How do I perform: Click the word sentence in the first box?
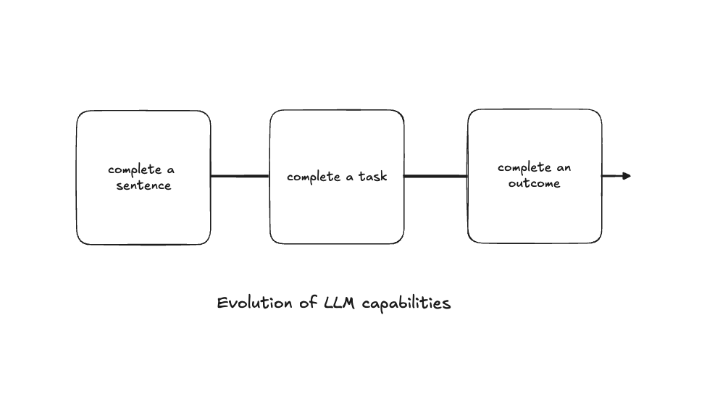pyautogui.click(x=143, y=185)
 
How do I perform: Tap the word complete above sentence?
pyautogui.click(x=135, y=170)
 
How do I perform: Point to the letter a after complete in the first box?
pyautogui.click(x=171, y=170)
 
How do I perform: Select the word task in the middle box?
pyautogui.click(x=372, y=177)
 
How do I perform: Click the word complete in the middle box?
pyautogui.click(x=314, y=177)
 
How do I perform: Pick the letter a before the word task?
pyautogui.click(x=350, y=177)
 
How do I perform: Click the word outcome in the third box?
pyautogui.click(x=534, y=183)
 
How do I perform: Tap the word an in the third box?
pyautogui.click(x=563, y=168)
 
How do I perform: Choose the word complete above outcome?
pyautogui.click(x=524, y=168)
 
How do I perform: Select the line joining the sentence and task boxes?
pyautogui.click(x=240, y=176)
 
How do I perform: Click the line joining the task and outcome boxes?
pyautogui.click(x=435, y=176)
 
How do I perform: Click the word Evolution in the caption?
pyautogui.click(x=256, y=303)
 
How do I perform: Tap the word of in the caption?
pyautogui.click(x=307, y=303)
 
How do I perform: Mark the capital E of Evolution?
pyautogui.click(x=222, y=303)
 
